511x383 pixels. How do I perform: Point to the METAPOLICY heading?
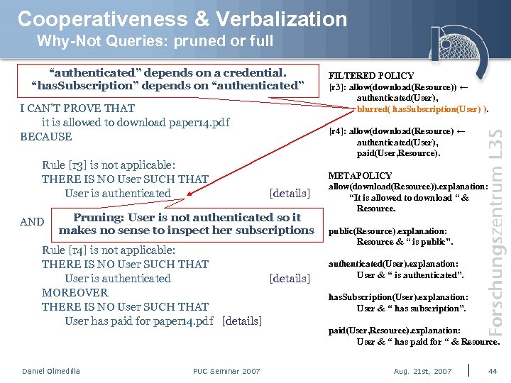click(360, 175)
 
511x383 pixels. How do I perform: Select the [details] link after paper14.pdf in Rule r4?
click(241, 321)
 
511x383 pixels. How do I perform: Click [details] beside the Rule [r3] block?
click(290, 194)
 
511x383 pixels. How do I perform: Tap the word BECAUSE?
click(46, 137)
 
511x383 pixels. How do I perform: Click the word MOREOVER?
click(75, 293)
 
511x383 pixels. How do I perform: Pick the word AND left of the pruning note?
click(32, 222)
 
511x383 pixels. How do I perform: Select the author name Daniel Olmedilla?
click(51, 371)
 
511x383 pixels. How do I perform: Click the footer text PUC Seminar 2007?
click(226, 371)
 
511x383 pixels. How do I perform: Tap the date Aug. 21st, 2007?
click(423, 371)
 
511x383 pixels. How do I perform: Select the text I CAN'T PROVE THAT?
click(77, 109)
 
